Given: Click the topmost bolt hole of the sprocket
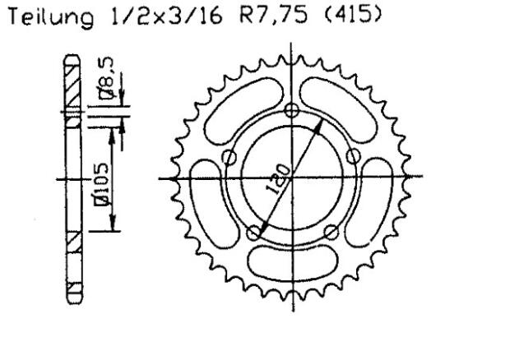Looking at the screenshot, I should click(x=290, y=113).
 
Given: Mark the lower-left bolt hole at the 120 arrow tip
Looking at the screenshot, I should click(x=253, y=233).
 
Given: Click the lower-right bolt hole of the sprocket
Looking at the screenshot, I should click(x=329, y=233).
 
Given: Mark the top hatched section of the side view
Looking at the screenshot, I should click(x=72, y=85).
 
